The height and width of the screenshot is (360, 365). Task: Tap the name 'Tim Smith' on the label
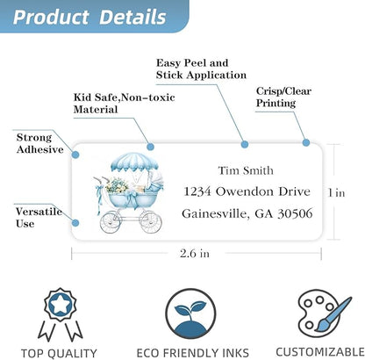point(246,170)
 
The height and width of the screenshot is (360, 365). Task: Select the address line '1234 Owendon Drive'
point(247,191)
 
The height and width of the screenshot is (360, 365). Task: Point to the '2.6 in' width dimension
point(195,253)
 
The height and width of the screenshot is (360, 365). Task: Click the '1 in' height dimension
point(336,192)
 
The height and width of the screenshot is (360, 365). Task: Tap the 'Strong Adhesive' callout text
point(39,143)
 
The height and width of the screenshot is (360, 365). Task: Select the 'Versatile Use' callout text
point(39,218)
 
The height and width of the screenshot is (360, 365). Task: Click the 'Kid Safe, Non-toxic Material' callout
point(124,104)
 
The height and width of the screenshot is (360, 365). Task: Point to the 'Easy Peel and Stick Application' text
point(201,68)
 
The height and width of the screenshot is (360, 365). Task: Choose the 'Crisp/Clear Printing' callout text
point(283,97)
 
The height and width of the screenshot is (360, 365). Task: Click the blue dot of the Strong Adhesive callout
point(75,155)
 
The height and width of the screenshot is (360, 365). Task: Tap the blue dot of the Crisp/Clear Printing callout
point(306,143)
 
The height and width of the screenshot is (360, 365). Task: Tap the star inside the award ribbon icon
point(60,306)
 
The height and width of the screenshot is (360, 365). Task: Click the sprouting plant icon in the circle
point(190,313)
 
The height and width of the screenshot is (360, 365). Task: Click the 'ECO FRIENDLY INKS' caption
point(192,352)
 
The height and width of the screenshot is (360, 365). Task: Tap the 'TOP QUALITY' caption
point(59,353)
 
